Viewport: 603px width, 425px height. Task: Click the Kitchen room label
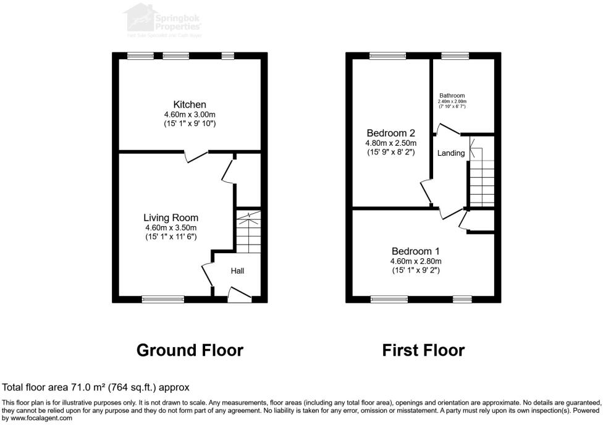pos(190,104)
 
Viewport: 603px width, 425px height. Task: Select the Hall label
pos(238,271)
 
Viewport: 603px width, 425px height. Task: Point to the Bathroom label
pos(452,96)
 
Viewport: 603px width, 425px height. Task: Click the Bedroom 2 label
pos(390,133)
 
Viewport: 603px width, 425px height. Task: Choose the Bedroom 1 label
pos(415,251)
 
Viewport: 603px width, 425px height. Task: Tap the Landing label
pos(451,153)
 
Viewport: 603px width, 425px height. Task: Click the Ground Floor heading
pos(190,350)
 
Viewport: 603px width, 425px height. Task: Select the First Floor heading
pos(423,350)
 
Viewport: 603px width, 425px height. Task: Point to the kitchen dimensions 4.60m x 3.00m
pos(190,115)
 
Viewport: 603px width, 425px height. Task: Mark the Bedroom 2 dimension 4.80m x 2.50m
pos(390,143)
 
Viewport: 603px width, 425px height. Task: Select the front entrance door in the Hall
pos(240,296)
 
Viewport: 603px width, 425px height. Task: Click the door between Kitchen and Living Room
pos(197,156)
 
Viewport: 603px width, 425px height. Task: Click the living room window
pos(163,300)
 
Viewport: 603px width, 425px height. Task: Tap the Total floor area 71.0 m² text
pos(96,387)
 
